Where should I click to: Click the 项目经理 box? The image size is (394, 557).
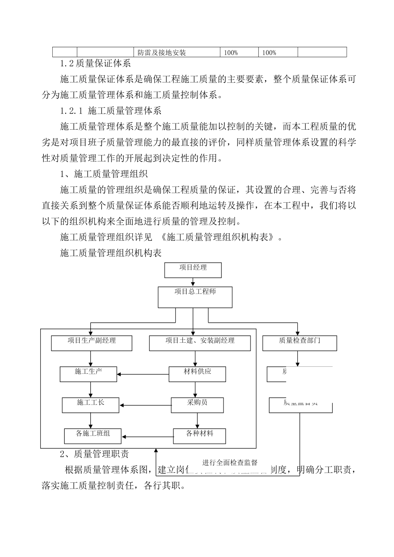(193, 270)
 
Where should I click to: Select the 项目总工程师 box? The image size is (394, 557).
(195, 297)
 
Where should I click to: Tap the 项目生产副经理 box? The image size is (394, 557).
(92, 343)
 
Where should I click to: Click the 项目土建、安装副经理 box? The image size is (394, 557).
(200, 343)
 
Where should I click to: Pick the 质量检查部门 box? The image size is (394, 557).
(299, 343)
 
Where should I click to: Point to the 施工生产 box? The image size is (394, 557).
(88, 374)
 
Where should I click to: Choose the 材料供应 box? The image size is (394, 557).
(197, 374)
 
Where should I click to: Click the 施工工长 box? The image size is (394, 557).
(90, 405)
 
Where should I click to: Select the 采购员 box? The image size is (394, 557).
(197, 405)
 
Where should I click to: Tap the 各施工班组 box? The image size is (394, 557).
(93, 436)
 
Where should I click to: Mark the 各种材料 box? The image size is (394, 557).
(199, 436)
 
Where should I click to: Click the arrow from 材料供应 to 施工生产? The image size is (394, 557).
(143, 375)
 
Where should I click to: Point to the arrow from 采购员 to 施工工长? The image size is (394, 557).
(145, 405)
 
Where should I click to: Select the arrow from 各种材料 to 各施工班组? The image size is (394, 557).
(148, 436)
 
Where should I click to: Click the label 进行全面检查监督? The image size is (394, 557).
(230, 463)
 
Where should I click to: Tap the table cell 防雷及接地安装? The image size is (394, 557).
(162, 53)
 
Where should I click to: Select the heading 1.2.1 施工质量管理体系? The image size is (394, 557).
(111, 111)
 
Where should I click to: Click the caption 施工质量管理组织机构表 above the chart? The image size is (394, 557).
(111, 252)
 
